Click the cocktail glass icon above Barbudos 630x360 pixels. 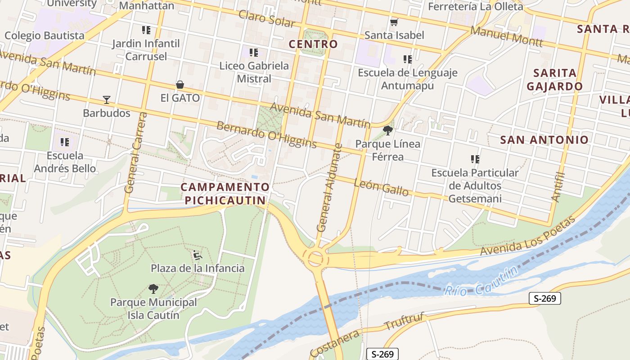click(107, 99)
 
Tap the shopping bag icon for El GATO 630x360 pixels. click(180, 84)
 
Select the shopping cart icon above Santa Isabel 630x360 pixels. click(394, 22)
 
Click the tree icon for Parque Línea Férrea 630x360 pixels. click(387, 130)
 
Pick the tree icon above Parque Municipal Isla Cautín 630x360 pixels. click(153, 288)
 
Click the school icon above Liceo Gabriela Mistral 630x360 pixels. click(253, 53)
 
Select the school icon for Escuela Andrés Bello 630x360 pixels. click(65, 142)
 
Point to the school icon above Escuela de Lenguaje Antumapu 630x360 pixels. click(408, 59)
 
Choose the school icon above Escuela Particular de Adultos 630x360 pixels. click(475, 159)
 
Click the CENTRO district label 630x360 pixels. click(313, 44)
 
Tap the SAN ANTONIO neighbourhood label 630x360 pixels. click(544, 140)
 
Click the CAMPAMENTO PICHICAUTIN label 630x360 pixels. click(225, 193)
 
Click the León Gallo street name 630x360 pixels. click(381, 187)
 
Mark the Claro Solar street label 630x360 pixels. click(266, 18)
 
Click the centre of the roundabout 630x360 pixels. click(315, 258)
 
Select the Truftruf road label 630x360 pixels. click(404, 322)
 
